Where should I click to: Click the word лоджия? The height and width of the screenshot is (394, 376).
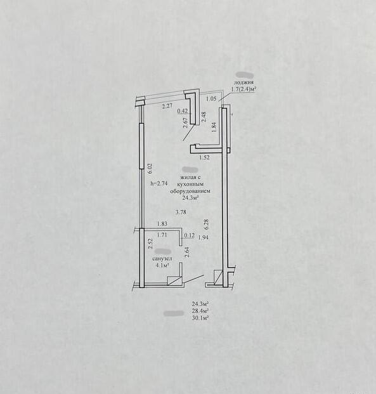pos(244,82)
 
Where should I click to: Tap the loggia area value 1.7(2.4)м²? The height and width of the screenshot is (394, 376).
pos(243,89)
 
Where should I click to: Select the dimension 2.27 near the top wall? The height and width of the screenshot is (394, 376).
pos(167,106)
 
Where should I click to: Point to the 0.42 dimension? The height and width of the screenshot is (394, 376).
pos(183,110)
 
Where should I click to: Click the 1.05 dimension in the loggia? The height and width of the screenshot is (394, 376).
pos(211,99)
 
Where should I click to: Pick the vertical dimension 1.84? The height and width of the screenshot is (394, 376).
pos(214,128)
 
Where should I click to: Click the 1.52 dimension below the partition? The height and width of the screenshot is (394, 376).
pos(204,158)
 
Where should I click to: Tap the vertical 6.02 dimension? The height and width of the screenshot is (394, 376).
pos(150,169)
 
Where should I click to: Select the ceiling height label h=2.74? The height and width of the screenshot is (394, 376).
pos(159,183)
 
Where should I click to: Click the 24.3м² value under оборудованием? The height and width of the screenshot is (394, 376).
pos(191,198)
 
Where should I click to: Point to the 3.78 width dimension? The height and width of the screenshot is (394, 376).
pos(181,212)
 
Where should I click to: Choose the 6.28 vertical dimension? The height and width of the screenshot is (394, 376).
pos(207,225)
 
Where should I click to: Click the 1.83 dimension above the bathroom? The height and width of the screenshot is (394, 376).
pos(162,223)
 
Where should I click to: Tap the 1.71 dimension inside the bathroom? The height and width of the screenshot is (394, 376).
pos(162,235)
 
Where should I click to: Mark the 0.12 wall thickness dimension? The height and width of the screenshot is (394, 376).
pos(190,235)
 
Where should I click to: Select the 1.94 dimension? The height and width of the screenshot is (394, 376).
pos(203,237)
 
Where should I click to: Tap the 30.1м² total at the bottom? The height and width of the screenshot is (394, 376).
pos(201,318)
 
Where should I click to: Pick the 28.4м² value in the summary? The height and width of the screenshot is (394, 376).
pos(201,311)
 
